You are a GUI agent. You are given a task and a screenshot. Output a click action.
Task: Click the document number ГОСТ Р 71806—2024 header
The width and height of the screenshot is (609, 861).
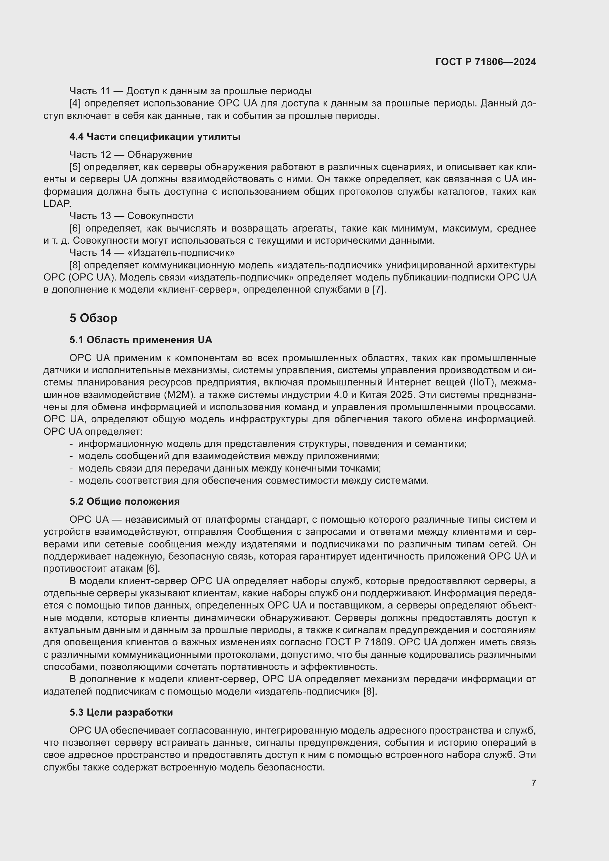486,62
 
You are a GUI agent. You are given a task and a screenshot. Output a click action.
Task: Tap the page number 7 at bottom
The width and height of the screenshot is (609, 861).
533,783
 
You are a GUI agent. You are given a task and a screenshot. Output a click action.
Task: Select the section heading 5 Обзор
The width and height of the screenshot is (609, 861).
94,318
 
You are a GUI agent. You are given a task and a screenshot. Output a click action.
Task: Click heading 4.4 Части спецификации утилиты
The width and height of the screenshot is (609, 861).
155,137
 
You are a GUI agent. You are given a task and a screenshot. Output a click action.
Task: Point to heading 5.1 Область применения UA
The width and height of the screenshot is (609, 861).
141,340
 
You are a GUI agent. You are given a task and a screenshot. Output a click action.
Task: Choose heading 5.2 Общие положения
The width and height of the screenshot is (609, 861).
124,501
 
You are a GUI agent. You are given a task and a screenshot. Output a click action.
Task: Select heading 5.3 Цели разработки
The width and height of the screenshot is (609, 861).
121,712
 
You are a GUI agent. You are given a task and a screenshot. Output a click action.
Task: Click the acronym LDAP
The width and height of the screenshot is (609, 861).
57,204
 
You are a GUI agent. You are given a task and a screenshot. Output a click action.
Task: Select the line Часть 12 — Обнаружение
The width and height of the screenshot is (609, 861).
131,155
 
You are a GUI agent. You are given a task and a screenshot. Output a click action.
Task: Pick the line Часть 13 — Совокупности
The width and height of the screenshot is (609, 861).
131,216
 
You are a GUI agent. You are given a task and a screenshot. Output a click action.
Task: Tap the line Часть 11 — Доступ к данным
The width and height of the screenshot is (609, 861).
190,91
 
